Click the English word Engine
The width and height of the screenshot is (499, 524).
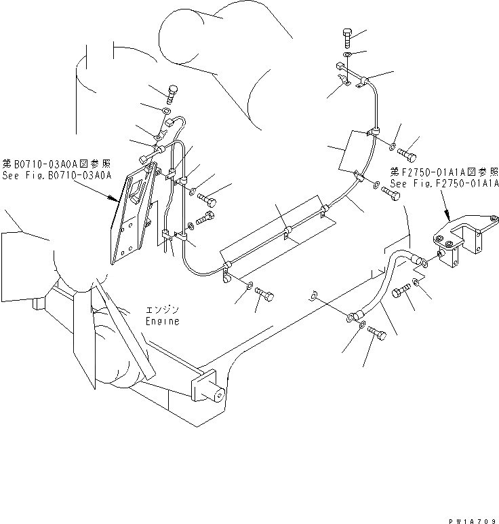(x=163, y=321)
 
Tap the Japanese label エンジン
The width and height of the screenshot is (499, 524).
(x=163, y=310)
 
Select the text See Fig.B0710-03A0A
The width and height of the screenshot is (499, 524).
(x=56, y=174)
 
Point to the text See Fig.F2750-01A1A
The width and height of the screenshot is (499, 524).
(x=445, y=183)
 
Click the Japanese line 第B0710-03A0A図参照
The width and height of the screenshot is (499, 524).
(x=56, y=164)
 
